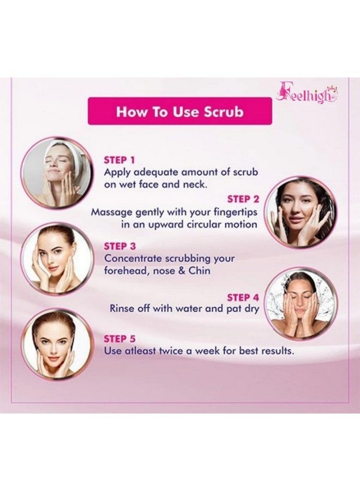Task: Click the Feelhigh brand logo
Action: [x=307, y=94]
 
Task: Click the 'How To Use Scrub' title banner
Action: [x=180, y=112]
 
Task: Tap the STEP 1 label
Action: [x=119, y=160]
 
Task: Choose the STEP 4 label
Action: [x=243, y=297]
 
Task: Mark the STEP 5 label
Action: [x=120, y=339]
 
